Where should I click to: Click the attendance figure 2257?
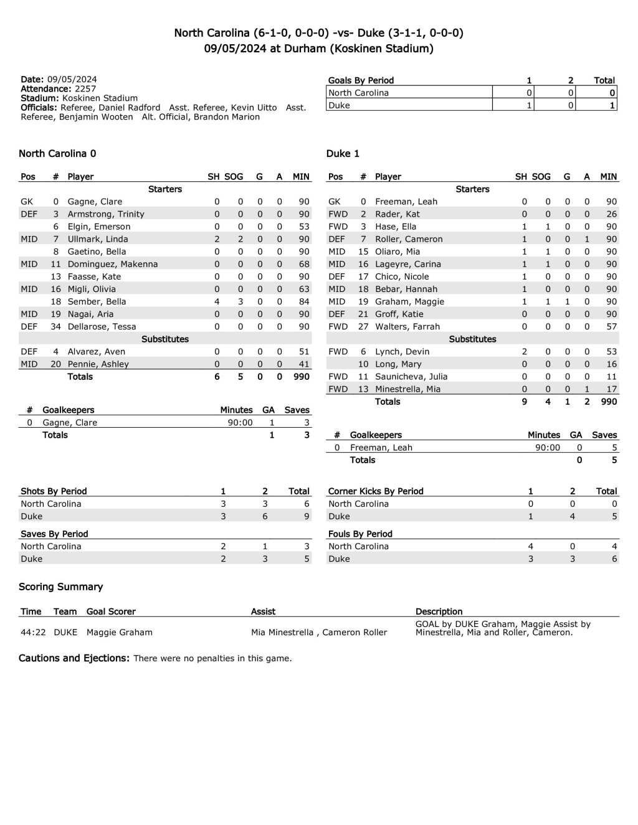(85, 88)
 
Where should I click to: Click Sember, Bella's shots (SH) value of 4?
(217, 301)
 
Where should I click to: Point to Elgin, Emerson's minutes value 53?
(304, 227)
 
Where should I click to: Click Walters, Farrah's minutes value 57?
(611, 326)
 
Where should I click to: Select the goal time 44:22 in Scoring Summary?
(33, 632)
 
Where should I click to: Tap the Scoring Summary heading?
(60, 587)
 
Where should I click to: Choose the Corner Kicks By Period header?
(376, 491)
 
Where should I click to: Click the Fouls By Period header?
(360, 534)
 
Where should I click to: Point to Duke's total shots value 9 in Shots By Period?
(307, 516)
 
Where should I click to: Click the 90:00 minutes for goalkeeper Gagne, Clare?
(240, 422)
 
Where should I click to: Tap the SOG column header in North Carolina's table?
(234, 177)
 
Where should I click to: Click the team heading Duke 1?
(343, 154)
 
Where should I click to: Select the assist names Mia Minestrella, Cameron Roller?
(319, 632)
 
